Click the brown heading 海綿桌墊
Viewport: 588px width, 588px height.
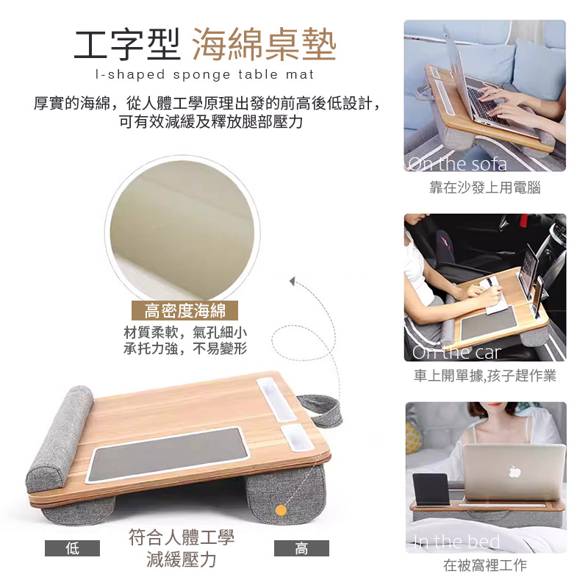(265, 45)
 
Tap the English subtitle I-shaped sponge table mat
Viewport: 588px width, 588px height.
(205, 74)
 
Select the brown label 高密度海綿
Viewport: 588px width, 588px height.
(185, 310)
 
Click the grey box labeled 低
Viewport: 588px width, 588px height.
(72, 548)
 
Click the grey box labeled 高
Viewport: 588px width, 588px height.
(301, 548)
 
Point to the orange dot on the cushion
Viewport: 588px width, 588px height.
(281, 510)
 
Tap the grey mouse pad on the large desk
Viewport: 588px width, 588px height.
(168, 454)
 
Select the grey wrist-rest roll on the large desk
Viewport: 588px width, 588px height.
(60, 439)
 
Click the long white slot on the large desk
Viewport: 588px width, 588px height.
(276, 399)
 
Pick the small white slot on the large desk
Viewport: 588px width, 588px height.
(297, 437)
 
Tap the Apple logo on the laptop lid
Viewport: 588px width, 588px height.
(515, 472)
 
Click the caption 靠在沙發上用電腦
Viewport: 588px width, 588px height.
(485, 187)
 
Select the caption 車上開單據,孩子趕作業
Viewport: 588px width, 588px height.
(485, 376)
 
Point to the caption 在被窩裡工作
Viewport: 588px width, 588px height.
(485, 564)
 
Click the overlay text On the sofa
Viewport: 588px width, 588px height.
(457, 164)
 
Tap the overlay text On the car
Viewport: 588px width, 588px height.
(456, 352)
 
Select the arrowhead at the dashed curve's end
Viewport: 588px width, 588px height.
(293, 281)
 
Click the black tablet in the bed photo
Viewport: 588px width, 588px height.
(431, 490)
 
